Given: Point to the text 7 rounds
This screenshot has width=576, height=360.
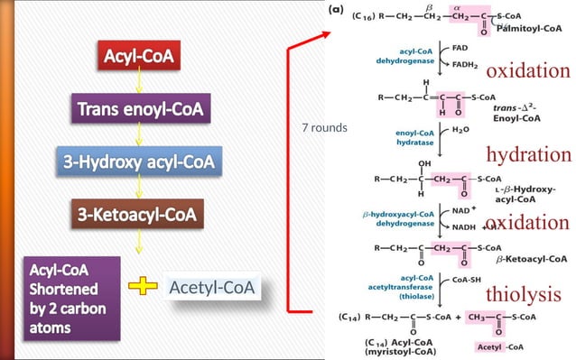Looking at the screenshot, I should [x=324, y=127].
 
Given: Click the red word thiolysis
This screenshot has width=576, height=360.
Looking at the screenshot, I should [x=523, y=294].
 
